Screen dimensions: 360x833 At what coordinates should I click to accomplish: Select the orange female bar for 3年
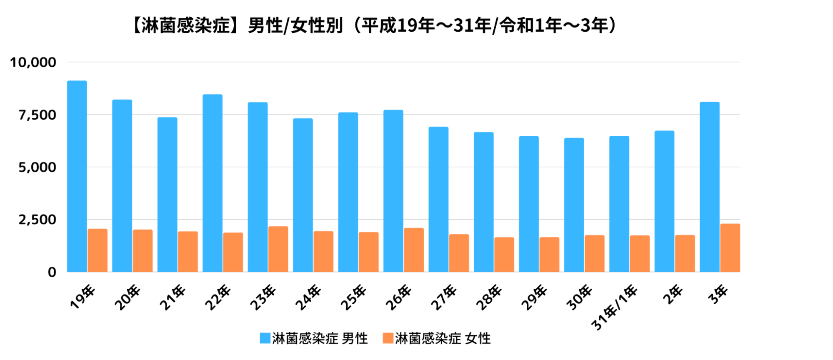pyautogui.click(x=730, y=248)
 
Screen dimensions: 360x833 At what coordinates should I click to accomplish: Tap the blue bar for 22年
pyautogui.click(x=213, y=183)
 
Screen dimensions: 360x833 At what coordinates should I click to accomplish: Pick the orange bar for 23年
pyautogui.click(x=278, y=249)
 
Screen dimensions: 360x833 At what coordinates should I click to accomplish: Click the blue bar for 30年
pyautogui.click(x=574, y=205)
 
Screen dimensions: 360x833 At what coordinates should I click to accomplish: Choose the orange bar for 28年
pyautogui.click(x=504, y=255)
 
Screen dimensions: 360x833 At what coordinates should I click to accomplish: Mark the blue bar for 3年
pyautogui.click(x=710, y=187)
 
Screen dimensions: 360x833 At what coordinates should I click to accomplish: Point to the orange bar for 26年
pyautogui.click(x=414, y=250)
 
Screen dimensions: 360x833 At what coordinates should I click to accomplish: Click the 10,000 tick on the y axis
pyautogui.click(x=33, y=62)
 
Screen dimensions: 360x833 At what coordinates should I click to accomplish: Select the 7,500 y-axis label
pyautogui.click(x=37, y=115)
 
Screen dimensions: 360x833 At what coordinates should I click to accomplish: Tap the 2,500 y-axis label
pyautogui.click(x=37, y=220)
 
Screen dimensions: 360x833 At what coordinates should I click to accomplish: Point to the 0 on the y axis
pyautogui.click(x=52, y=272)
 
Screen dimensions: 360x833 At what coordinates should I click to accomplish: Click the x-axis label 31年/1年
pyautogui.click(x=615, y=307)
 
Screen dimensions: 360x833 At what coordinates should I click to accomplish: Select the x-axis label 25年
pyautogui.click(x=353, y=298)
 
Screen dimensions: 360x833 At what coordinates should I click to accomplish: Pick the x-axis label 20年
pyautogui.click(x=128, y=298)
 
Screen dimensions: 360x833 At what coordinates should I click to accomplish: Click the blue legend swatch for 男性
pyautogui.click(x=265, y=338)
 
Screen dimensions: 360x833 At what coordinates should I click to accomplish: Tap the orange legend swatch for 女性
pyautogui.click(x=388, y=338)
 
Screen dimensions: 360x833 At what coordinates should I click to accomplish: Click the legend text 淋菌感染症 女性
pyautogui.click(x=443, y=338)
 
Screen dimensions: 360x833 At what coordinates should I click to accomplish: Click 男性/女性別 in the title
pyautogui.click(x=295, y=26)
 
